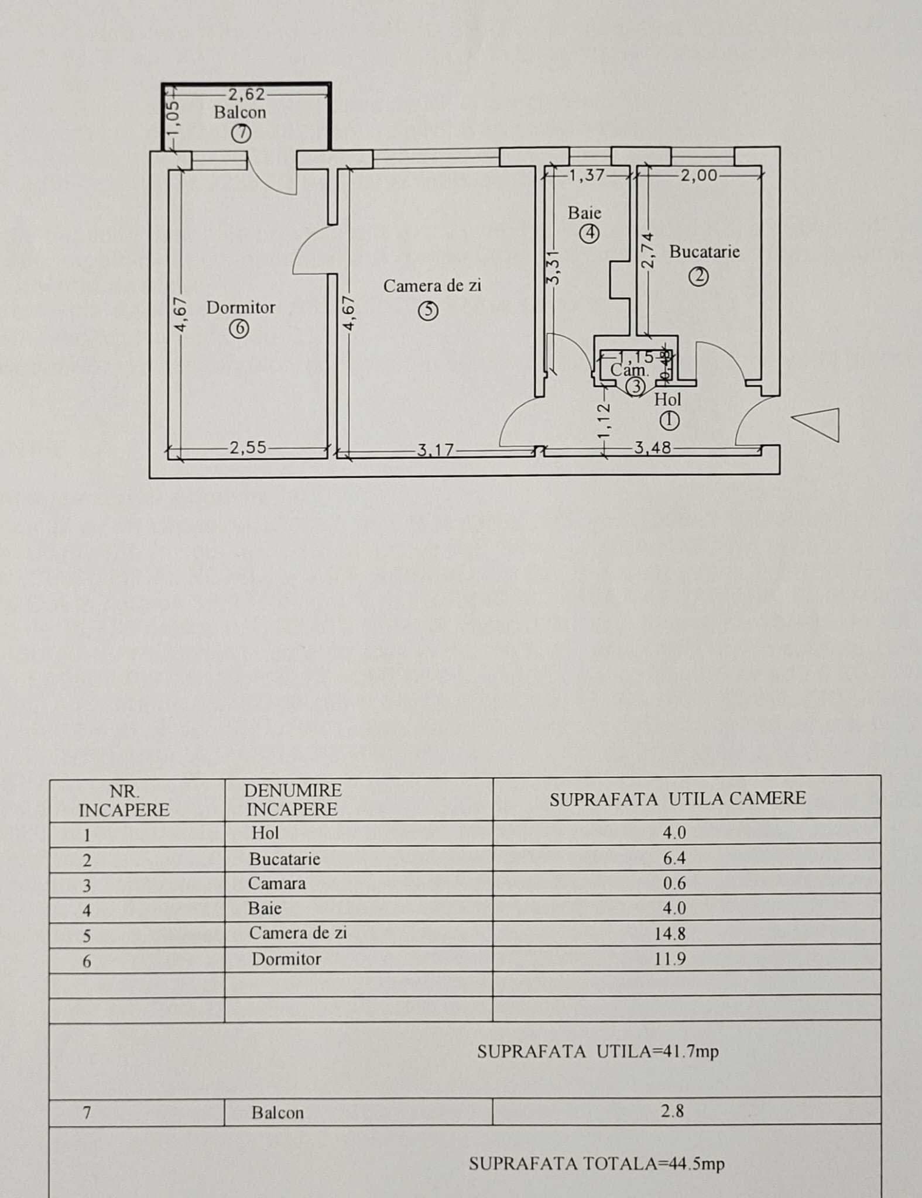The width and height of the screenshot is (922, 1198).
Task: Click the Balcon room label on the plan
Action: (x=239, y=112)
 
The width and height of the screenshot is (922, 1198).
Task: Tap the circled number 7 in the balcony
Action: (x=241, y=134)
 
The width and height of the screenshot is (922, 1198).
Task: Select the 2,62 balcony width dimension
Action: (x=246, y=94)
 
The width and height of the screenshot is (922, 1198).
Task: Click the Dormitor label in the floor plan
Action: (x=241, y=308)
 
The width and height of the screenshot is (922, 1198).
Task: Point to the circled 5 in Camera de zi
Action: (x=428, y=310)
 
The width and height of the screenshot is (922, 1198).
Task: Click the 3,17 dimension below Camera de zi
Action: (x=436, y=450)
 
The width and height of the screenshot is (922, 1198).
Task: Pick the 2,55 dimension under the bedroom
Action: (x=248, y=448)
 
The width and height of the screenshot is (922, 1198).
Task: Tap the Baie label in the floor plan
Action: (x=584, y=214)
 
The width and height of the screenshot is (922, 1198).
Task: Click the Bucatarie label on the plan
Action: (x=704, y=252)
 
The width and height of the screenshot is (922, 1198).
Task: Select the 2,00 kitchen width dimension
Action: (x=698, y=175)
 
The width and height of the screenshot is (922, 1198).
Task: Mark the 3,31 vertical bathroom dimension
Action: (x=554, y=267)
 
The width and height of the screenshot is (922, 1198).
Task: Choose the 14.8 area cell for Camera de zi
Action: (x=670, y=934)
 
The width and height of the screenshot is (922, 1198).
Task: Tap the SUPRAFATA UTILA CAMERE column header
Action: (x=677, y=799)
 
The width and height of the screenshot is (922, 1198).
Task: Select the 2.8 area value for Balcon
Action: (x=672, y=1111)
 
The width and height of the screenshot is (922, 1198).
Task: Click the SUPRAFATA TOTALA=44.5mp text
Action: (x=596, y=1163)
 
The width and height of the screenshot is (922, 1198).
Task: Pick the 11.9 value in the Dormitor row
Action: (x=670, y=959)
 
